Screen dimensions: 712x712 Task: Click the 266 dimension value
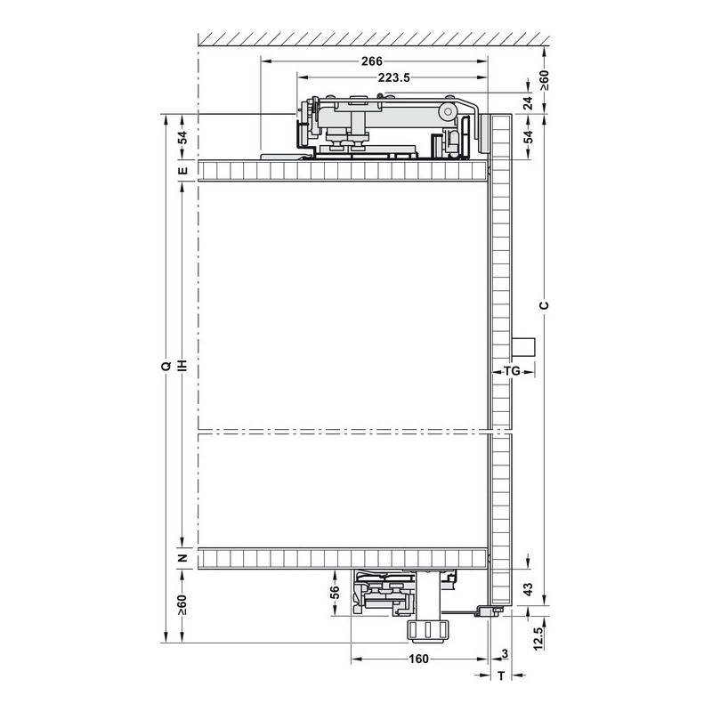372,61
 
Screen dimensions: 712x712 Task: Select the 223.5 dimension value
393,77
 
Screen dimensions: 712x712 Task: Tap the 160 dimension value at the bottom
418,659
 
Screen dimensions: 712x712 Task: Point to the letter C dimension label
544,304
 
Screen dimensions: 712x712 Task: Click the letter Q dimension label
166,366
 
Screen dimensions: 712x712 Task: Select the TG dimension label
513,371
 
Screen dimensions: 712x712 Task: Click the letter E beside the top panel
182,170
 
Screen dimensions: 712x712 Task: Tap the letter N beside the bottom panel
182,558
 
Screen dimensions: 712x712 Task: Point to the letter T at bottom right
501,676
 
